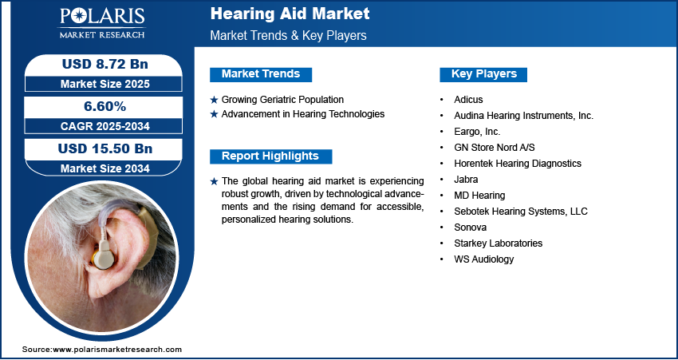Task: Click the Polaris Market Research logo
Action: [x=102, y=23]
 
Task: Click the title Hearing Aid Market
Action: [x=290, y=14]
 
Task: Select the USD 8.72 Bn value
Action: [x=105, y=64]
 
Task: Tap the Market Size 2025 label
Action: [x=105, y=84]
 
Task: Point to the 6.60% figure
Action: [x=104, y=106]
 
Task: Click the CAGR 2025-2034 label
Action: [x=105, y=126]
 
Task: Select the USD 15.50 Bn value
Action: [x=105, y=148]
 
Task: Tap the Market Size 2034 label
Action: [x=105, y=168]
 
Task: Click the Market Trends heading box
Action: [x=261, y=74]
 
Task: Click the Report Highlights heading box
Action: [x=270, y=156]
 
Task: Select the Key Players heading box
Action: [x=483, y=74]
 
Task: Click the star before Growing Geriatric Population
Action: [x=214, y=100]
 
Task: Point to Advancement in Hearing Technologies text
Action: [x=302, y=114]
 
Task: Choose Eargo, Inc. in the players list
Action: [x=477, y=132]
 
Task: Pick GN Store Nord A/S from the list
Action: [x=495, y=148]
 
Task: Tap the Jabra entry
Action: [x=466, y=179]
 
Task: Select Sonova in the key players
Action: [x=470, y=227]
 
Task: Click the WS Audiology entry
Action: [x=484, y=259]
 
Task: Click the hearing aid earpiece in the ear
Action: [x=104, y=256]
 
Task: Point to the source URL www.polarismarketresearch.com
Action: [x=117, y=350]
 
